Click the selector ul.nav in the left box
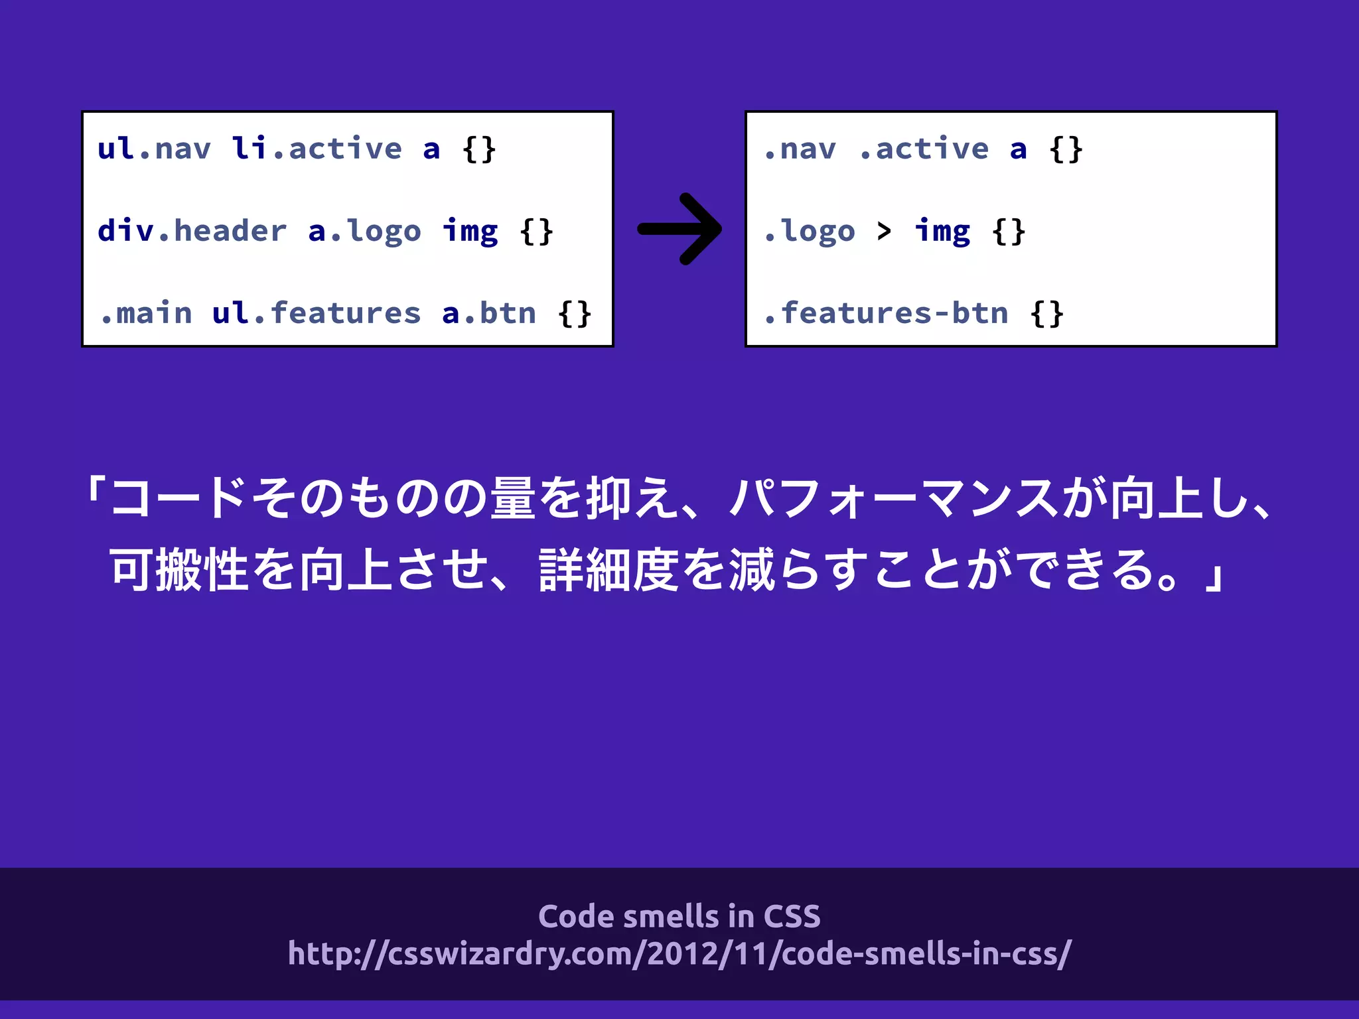(x=154, y=149)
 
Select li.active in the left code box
(x=317, y=149)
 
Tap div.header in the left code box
(x=192, y=231)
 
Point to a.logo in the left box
(x=364, y=231)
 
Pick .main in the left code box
(x=146, y=313)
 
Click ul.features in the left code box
(x=317, y=313)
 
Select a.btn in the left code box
(x=489, y=313)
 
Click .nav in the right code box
(x=800, y=149)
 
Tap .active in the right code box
(x=924, y=149)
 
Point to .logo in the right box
(x=809, y=231)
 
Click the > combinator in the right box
(x=884, y=231)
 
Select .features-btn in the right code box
(x=885, y=313)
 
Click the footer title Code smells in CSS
(x=679, y=916)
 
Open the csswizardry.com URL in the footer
(x=679, y=953)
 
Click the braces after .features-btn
(x=1046, y=313)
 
